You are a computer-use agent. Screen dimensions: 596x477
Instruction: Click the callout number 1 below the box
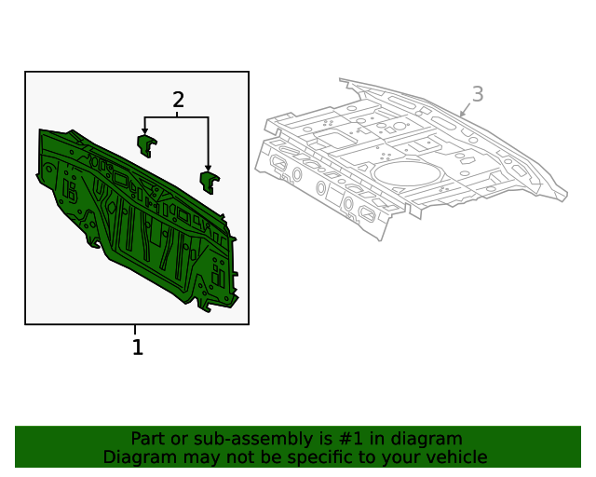click(138, 347)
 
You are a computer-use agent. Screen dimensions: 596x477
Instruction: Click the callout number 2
click(178, 100)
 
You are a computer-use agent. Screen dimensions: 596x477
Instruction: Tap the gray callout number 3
click(478, 94)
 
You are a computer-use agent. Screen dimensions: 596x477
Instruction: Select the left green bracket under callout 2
click(147, 145)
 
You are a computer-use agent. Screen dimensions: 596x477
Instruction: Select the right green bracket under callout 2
click(210, 183)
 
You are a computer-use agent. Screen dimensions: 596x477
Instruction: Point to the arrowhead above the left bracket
click(144, 130)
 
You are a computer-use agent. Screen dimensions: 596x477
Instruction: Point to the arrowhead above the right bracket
click(208, 168)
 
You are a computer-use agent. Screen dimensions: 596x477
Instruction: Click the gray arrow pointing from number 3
click(465, 110)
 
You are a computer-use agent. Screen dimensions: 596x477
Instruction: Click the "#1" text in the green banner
click(351, 439)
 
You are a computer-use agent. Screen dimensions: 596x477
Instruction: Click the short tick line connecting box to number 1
click(135, 330)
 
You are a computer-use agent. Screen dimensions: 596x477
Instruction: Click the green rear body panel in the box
click(138, 221)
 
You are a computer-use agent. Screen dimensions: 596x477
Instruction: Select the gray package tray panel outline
click(412, 159)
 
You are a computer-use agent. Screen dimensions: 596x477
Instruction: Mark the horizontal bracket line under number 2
click(176, 117)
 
